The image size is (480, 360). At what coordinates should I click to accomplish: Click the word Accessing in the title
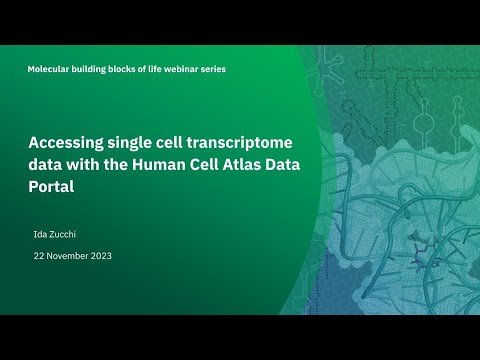coord(70,141)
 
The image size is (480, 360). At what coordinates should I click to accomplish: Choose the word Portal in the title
coord(53,185)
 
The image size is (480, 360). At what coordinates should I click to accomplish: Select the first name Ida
coord(40,234)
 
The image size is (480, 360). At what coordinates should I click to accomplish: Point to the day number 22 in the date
coord(39,256)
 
